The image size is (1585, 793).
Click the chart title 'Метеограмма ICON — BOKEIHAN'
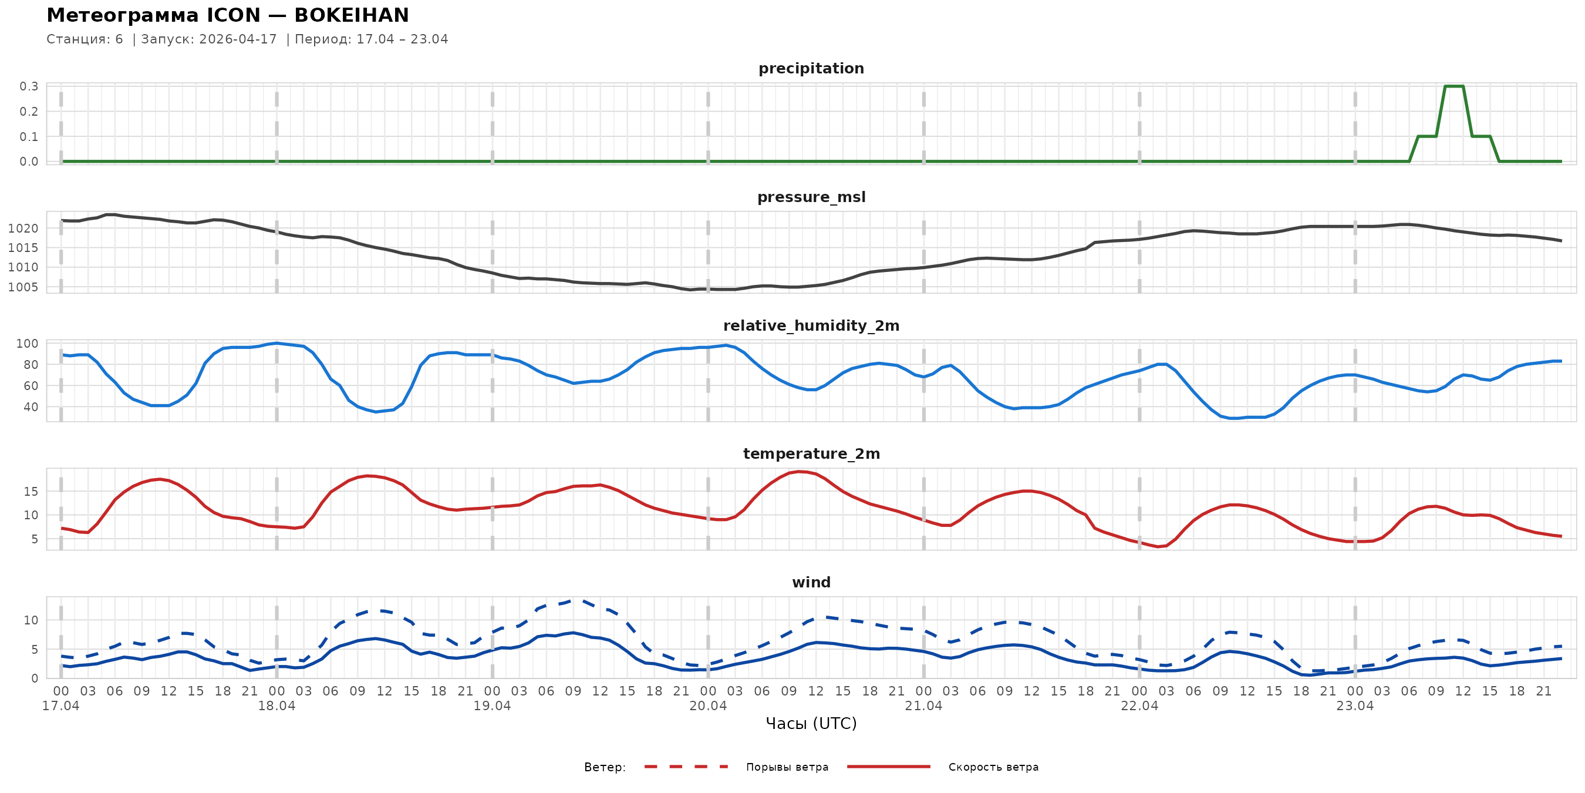228,15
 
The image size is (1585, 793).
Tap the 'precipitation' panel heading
811,68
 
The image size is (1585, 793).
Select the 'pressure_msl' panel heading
811,197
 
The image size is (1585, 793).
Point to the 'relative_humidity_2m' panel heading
811,325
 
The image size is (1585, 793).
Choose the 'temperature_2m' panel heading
811,453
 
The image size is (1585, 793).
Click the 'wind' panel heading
811,583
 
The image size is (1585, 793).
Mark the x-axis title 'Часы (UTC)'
811,724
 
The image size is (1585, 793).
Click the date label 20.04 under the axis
707,706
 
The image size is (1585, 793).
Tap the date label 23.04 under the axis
1355,706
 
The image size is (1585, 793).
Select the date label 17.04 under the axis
61,706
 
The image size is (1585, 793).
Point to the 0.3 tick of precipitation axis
29,86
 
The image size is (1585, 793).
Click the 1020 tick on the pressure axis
23,229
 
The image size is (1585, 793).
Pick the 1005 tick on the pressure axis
23,287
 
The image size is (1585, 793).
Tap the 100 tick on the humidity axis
27,344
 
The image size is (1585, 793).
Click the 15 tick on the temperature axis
31,491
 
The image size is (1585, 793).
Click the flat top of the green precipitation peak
1454,86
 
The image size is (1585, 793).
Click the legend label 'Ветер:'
605,767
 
